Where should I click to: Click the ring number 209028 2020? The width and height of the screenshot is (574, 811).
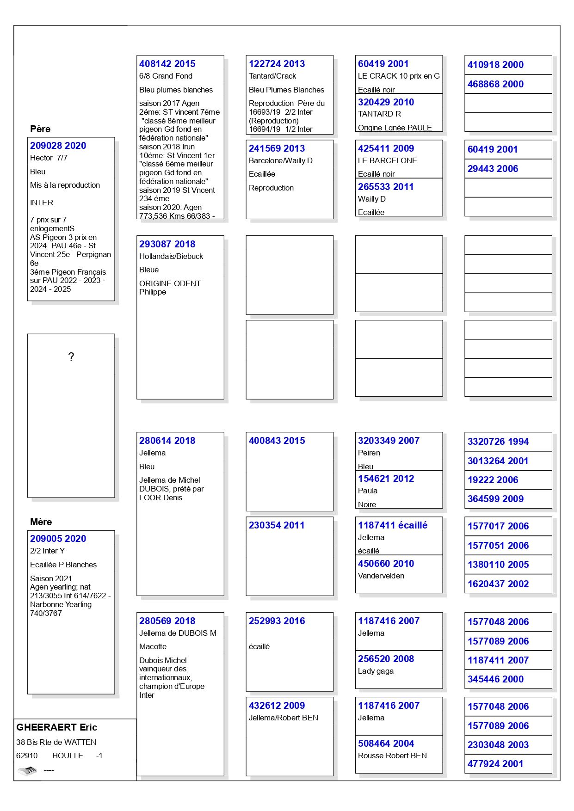click(58, 146)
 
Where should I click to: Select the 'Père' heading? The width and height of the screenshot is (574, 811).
click(40, 129)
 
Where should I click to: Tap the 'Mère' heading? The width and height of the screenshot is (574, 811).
click(41, 522)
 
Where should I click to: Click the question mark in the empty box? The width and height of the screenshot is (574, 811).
click(71, 356)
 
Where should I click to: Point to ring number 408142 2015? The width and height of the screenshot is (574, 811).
click(167, 64)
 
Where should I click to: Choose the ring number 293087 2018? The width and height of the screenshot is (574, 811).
click(167, 244)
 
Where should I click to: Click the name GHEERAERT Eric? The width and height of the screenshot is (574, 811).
click(56, 727)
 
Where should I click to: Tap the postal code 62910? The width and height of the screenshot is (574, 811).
click(27, 756)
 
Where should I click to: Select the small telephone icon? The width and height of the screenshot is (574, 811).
click(27, 770)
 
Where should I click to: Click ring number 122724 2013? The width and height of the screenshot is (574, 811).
click(277, 64)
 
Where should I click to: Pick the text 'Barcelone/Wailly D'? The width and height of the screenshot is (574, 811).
click(280, 160)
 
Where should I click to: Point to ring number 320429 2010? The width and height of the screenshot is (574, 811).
click(386, 102)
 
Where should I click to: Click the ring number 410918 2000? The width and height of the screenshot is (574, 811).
click(495, 65)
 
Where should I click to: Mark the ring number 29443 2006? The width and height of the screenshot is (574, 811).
click(493, 169)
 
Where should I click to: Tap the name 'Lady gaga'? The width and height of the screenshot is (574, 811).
click(376, 671)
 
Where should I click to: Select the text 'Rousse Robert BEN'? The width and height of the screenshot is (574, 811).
click(392, 756)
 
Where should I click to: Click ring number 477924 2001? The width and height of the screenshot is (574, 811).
click(495, 764)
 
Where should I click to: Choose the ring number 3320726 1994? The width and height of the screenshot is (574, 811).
click(498, 442)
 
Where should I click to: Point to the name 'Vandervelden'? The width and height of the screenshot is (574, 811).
click(381, 576)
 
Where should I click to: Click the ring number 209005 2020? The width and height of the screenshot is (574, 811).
click(58, 539)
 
